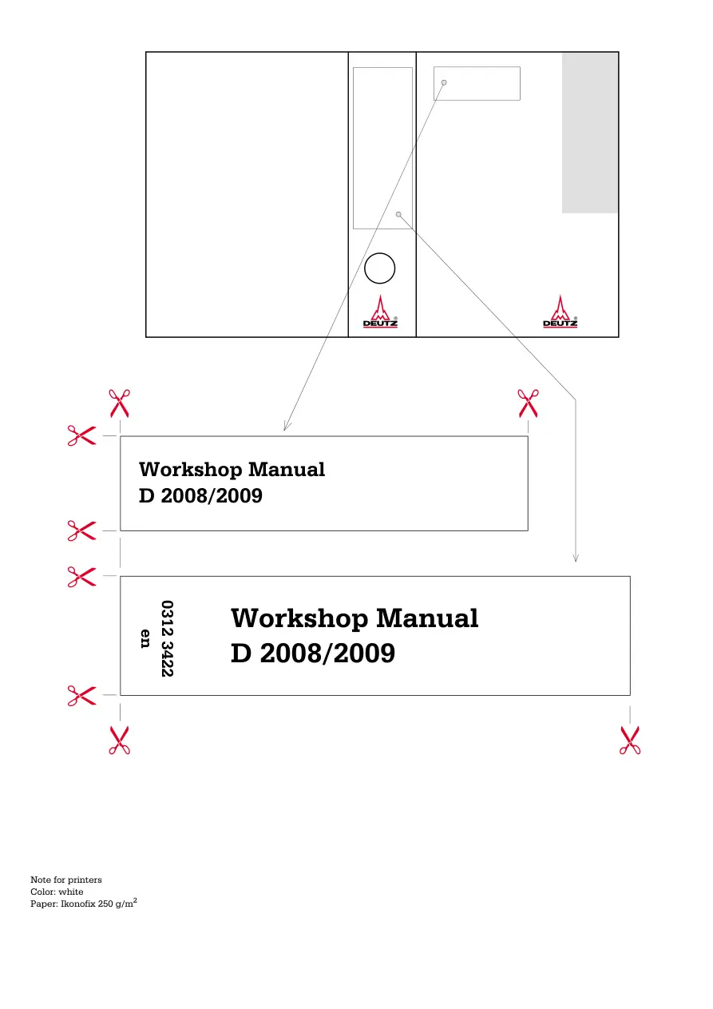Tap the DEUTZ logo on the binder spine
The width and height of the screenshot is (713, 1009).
[x=380, y=312]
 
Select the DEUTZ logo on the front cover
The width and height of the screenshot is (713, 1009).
[x=560, y=312]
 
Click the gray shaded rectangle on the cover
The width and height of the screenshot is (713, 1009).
[x=590, y=133]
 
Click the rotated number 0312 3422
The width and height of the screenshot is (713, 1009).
[x=168, y=638]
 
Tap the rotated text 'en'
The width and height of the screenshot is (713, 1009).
[x=145, y=639]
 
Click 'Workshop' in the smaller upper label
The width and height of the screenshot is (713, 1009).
[x=190, y=471]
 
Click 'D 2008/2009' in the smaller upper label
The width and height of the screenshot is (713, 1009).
[x=200, y=495]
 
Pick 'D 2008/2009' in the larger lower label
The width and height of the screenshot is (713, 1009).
[x=313, y=653]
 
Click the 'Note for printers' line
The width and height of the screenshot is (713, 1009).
[x=66, y=880]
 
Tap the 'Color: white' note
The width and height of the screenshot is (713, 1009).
[x=57, y=892]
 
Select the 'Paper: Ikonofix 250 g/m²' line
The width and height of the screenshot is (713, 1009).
[x=84, y=903]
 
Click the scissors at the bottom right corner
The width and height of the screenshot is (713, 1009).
[x=630, y=740]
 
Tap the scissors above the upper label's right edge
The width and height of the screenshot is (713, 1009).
[x=528, y=403]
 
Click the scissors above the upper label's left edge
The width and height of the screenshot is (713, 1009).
[x=120, y=403]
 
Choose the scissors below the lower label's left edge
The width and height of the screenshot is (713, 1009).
[x=120, y=740]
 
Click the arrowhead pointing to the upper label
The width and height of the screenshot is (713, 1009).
[x=286, y=427]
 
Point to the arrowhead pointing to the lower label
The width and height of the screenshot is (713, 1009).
[x=575, y=558]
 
